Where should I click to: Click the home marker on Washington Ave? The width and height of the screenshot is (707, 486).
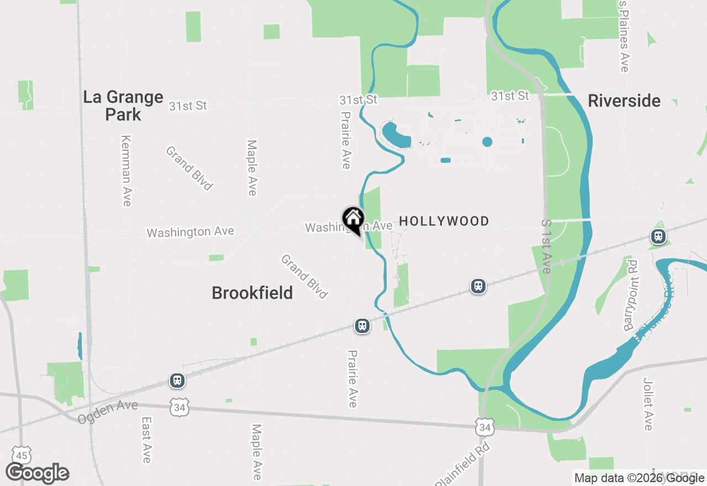[x=353, y=219]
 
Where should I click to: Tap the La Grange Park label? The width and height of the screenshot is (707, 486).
[x=123, y=106]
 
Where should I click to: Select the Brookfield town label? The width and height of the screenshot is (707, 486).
[x=252, y=293]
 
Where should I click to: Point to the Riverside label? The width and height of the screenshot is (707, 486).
[x=624, y=101]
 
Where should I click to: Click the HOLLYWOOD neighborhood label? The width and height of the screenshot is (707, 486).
[x=444, y=221]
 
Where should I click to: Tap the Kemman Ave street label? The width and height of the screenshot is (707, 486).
[x=126, y=171]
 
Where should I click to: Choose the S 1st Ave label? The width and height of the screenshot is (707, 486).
[x=546, y=246]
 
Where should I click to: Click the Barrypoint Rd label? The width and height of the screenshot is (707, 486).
[x=631, y=295]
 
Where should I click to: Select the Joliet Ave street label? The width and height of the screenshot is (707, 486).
[x=648, y=404]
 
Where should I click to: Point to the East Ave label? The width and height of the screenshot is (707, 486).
[x=146, y=440]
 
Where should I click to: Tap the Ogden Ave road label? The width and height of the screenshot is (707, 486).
[x=108, y=412]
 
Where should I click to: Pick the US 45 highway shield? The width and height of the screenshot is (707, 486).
[x=22, y=456]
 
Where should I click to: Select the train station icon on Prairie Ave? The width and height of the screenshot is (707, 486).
[x=362, y=326]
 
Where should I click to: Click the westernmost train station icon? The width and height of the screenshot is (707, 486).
[x=177, y=381]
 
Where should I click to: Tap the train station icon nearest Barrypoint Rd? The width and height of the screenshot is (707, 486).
[x=658, y=237]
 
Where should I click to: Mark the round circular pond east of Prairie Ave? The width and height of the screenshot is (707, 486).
[x=487, y=142]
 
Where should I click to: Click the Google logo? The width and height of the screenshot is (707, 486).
[x=38, y=473]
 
